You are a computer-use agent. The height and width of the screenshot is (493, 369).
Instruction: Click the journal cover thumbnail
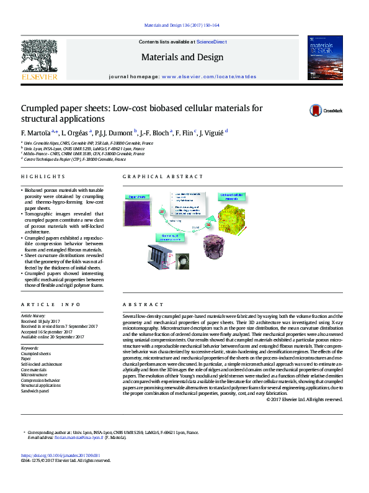tap(324, 57)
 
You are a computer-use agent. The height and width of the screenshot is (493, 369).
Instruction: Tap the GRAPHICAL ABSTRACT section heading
tap(154, 177)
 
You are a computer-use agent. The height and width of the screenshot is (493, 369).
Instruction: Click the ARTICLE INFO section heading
tap(51, 305)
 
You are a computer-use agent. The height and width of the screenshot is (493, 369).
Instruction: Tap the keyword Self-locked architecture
tap(42, 364)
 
